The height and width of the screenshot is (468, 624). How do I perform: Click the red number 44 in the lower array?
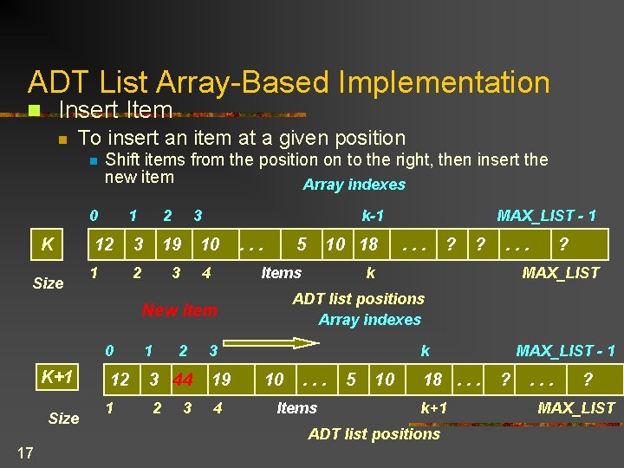coord(182,379)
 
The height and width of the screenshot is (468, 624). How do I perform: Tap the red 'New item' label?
coord(179,310)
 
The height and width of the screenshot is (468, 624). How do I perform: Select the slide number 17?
coord(24,452)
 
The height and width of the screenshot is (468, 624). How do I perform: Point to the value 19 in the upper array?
coord(172,244)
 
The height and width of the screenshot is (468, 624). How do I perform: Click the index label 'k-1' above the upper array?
coord(373,215)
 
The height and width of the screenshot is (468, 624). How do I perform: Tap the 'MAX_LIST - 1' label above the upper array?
coord(546,215)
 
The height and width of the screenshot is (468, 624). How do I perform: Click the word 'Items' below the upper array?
coord(282,273)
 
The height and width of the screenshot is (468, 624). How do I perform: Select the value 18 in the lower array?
coord(433,379)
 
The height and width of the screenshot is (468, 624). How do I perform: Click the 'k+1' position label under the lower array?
coord(434,408)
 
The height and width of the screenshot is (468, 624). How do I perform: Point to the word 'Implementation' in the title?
coord(445,82)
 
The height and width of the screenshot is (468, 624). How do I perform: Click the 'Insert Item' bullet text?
coord(115,110)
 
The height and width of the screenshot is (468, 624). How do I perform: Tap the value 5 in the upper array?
coord(302,244)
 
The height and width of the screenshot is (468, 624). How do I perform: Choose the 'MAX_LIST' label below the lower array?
coord(576,408)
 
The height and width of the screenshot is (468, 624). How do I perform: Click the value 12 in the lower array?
coord(120,379)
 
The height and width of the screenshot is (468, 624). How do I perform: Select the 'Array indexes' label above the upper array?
coord(354,185)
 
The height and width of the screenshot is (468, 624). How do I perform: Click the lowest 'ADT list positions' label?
coord(374,434)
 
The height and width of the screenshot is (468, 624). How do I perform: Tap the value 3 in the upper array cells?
coord(137,244)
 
